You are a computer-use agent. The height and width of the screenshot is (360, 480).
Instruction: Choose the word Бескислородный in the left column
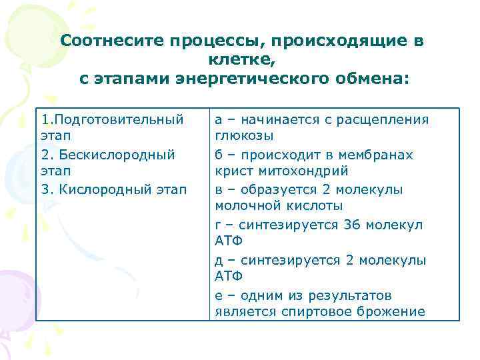click(x=117, y=155)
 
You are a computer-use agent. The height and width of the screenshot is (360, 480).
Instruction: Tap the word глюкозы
click(x=244, y=136)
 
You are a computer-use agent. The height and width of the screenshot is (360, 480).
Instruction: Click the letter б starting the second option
click(x=219, y=155)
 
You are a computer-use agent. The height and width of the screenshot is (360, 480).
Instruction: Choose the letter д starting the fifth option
click(x=219, y=260)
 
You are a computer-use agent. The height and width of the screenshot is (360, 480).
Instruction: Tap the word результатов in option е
click(x=356, y=295)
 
